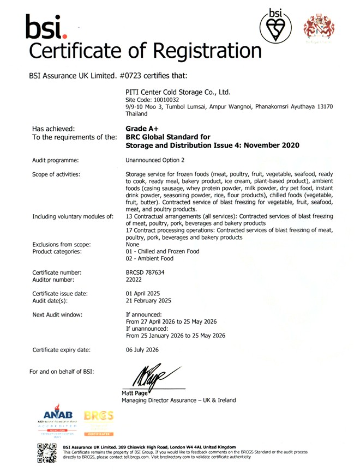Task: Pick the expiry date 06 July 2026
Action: (142, 350)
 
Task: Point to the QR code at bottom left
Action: (46, 454)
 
